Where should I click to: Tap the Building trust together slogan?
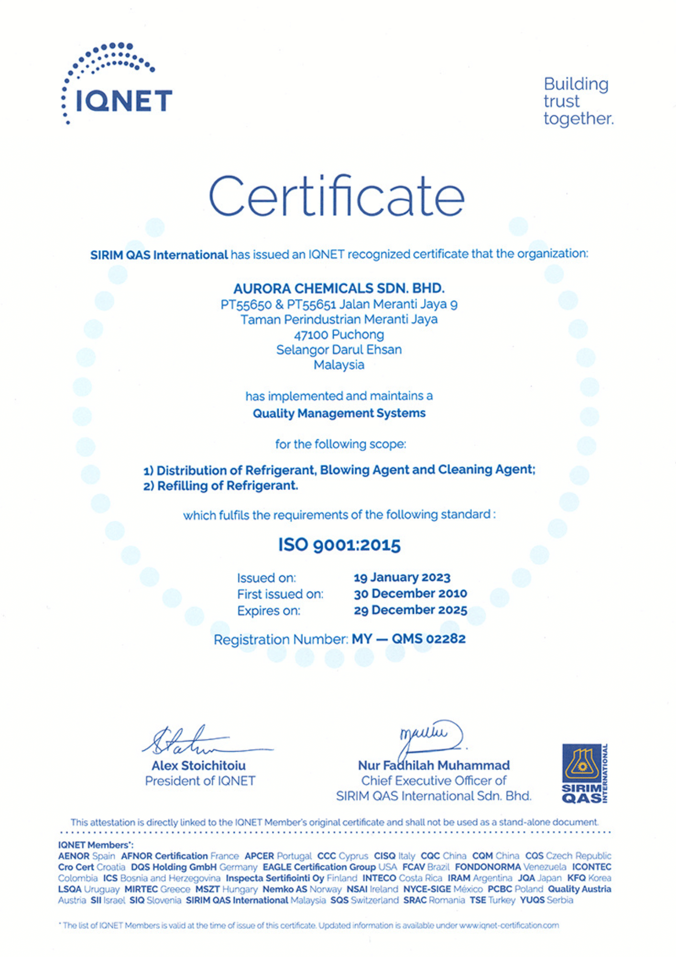click(578, 101)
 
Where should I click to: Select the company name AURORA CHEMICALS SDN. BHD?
click(338, 289)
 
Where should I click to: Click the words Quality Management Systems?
click(339, 413)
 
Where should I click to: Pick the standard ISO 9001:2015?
click(339, 545)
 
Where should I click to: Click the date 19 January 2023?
click(402, 578)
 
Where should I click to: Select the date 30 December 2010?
click(410, 594)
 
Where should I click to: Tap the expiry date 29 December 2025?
click(410, 610)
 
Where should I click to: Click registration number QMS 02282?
click(428, 639)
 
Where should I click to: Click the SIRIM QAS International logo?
click(584, 773)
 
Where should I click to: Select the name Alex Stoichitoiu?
click(198, 766)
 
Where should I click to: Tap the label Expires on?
click(269, 611)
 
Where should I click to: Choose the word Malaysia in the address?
click(339, 365)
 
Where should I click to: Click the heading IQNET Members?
click(96, 845)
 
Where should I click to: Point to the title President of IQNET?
click(200, 781)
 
